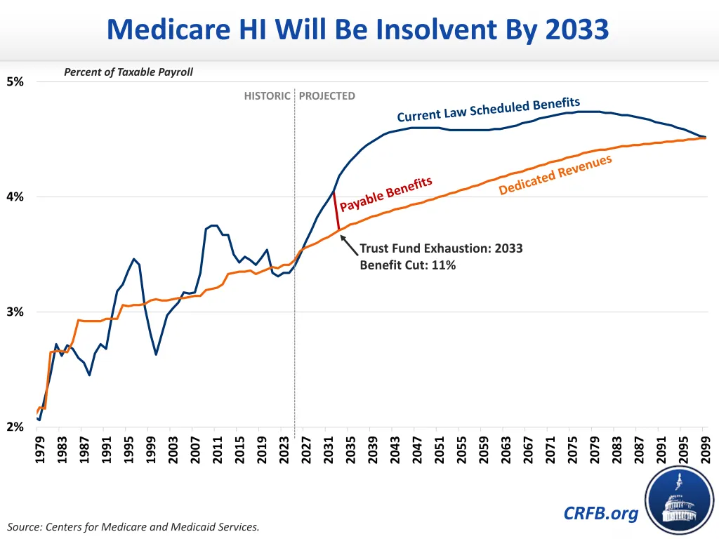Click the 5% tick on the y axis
click(x=15, y=81)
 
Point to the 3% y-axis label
click(x=15, y=312)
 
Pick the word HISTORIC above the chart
click(x=267, y=95)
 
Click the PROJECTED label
click(x=327, y=95)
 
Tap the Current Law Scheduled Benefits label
click(x=488, y=110)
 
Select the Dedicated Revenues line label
click(x=555, y=175)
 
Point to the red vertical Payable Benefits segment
click(x=337, y=211)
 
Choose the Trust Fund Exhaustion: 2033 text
click(x=441, y=248)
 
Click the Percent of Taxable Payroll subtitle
click(x=128, y=72)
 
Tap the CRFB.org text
click(x=601, y=513)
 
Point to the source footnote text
click(x=133, y=526)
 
